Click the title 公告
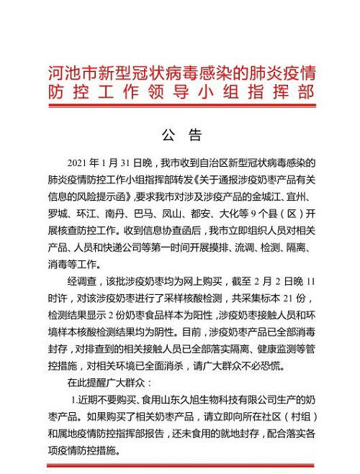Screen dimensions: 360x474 pos(180,135)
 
